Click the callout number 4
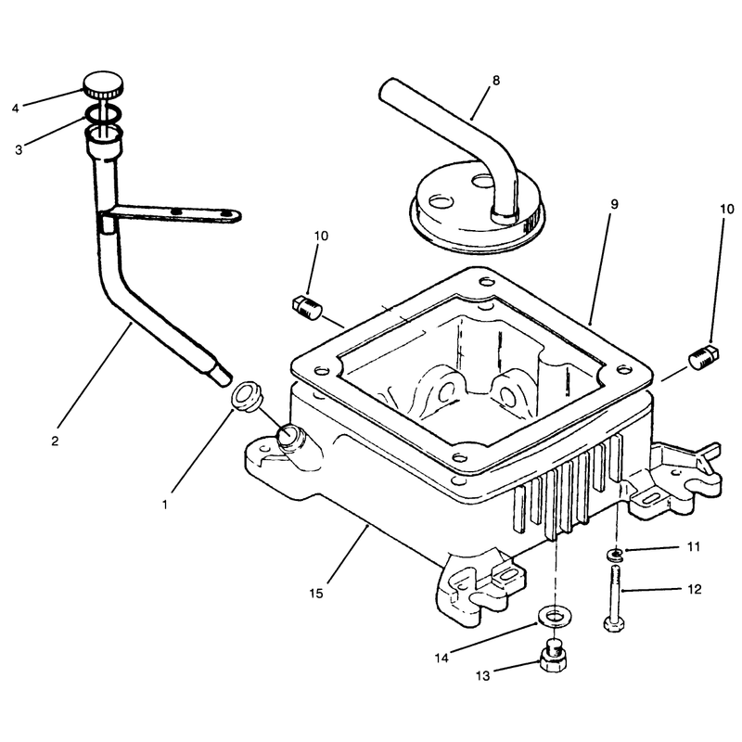(x=16, y=109)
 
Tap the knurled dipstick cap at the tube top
(x=104, y=84)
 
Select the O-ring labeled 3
(x=103, y=113)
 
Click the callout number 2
(x=55, y=441)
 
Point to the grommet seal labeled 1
(x=246, y=396)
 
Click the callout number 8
(x=495, y=81)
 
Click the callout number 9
(x=614, y=204)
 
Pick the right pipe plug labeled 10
(x=704, y=356)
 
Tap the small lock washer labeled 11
(x=615, y=555)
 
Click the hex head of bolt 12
(x=614, y=624)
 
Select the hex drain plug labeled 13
(x=553, y=657)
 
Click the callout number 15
(x=316, y=593)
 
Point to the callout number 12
(x=694, y=589)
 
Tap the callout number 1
(x=165, y=505)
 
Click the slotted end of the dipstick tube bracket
(x=229, y=215)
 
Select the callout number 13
(x=482, y=676)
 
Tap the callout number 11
(x=693, y=547)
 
